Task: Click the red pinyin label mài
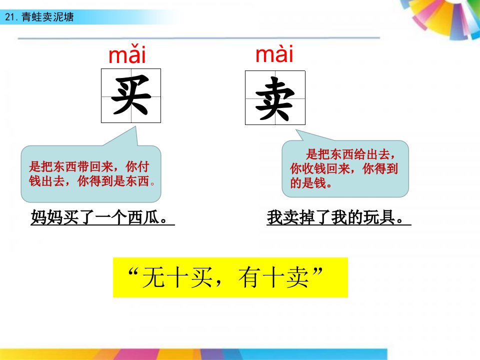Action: coord(274,53)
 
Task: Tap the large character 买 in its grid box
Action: coord(131,95)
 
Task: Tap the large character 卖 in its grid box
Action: coord(274,98)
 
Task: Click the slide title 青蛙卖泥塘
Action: coord(47,17)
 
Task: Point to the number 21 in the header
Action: coord(10,17)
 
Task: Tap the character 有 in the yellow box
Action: coord(249,277)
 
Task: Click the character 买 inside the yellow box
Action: coord(201,277)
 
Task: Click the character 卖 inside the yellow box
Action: coord(297,277)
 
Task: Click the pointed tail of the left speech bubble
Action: coord(135,127)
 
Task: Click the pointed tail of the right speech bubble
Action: coord(296,130)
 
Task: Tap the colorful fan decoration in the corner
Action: coord(444,17)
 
